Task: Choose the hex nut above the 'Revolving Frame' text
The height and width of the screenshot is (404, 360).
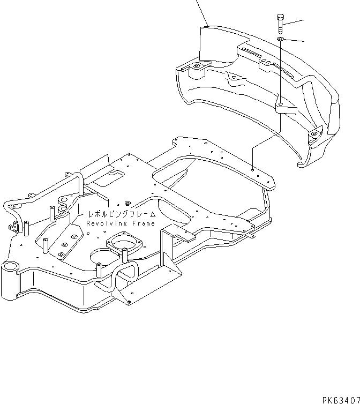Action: [x=128, y=203]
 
